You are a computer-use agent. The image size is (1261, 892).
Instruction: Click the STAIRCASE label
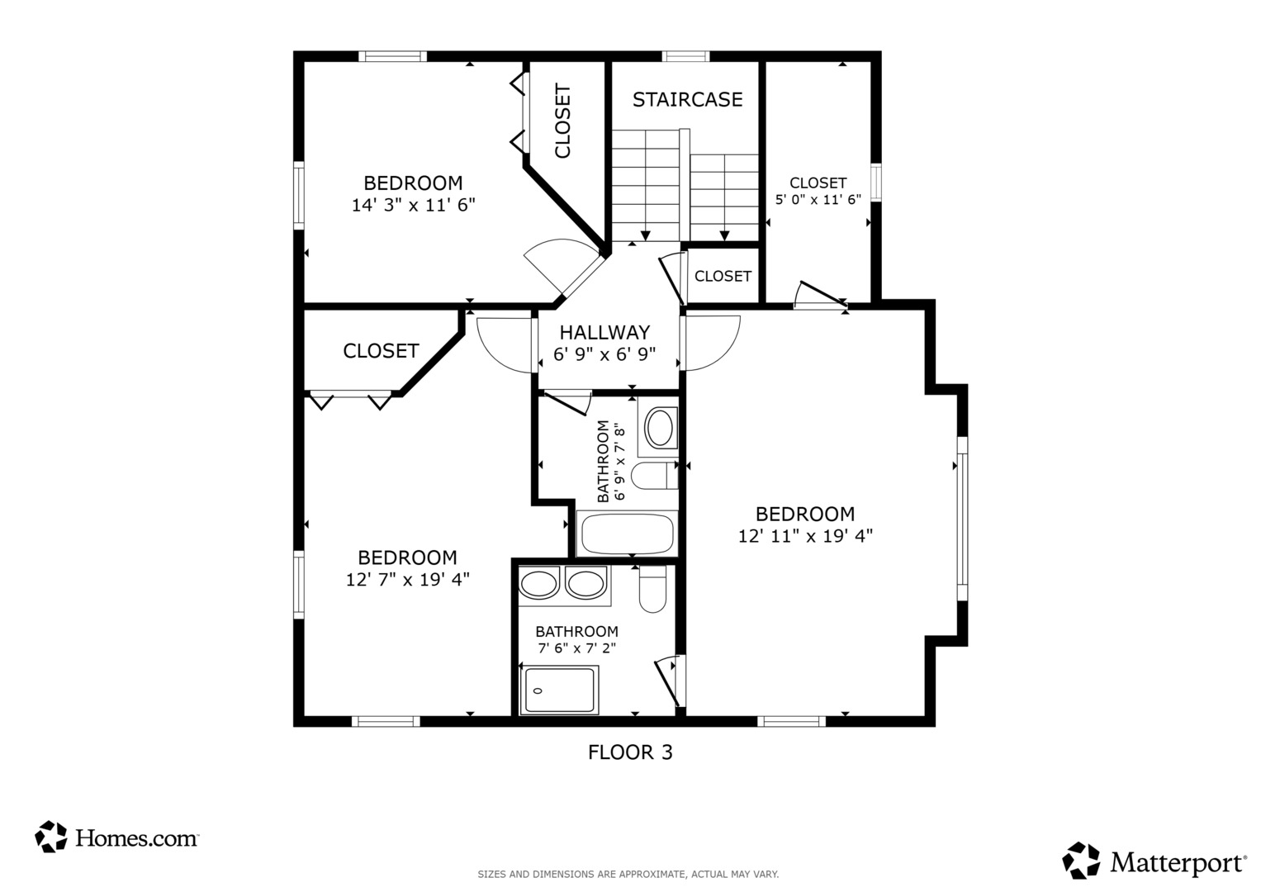tap(687, 100)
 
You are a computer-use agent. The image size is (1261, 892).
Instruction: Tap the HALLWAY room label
tap(604, 332)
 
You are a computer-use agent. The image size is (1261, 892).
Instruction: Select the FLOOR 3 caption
tap(630, 752)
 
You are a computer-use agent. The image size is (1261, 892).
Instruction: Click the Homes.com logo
tap(116, 837)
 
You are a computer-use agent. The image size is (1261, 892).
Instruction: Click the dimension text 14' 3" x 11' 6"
tap(413, 205)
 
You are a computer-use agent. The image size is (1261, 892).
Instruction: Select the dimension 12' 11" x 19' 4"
tap(805, 535)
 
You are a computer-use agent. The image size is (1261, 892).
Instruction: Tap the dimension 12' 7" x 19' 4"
tap(407, 580)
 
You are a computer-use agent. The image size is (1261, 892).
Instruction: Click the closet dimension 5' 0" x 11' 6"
tap(818, 199)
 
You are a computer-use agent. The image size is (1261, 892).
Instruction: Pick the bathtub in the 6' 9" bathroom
tap(627, 534)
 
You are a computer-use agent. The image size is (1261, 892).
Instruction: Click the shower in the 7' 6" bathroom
tap(559, 690)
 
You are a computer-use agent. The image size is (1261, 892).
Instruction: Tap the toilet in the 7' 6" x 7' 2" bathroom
tap(653, 588)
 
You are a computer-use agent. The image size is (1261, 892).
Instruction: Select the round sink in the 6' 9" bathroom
tap(659, 428)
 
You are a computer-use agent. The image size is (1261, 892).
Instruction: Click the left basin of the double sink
tap(538, 583)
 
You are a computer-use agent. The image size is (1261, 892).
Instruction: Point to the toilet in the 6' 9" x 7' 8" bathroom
tap(655, 476)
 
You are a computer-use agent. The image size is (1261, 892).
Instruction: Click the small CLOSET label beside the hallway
tap(723, 276)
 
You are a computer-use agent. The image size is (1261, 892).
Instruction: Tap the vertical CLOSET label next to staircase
tap(563, 121)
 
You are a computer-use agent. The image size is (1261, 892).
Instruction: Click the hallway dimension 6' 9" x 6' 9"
tap(604, 354)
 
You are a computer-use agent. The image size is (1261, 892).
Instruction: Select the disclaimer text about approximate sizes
tap(628, 875)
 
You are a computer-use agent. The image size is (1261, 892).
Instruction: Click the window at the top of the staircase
tap(685, 56)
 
